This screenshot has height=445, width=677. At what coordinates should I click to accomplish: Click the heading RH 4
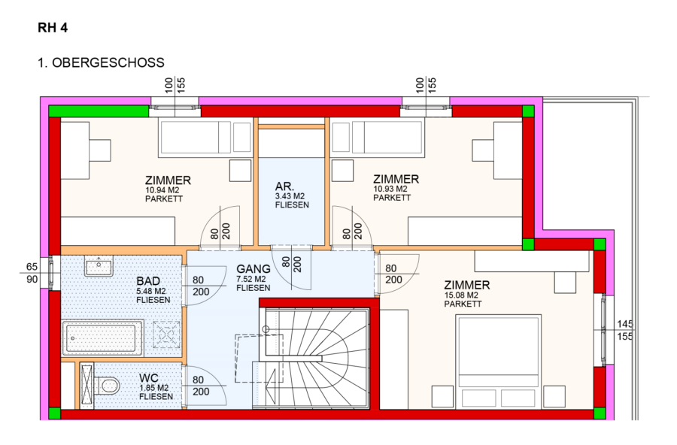[x=53, y=28]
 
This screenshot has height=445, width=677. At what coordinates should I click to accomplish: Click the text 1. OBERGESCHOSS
[x=101, y=62]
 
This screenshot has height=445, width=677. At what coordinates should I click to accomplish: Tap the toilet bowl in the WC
[x=107, y=386]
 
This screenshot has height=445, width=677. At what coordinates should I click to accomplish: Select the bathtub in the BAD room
[x=103, y=338]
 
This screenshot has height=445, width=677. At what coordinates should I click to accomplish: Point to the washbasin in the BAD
[x=99, y=265]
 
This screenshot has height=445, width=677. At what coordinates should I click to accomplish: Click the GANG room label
[x=253, y=268]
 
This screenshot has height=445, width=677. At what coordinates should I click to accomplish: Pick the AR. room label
[x=284, y=186]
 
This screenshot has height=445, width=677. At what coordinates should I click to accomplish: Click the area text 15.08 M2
[x=461, y=295]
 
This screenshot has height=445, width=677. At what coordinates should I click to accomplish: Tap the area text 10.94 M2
[x=162, y=190]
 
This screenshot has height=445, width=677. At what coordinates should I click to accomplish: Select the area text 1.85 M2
[x=154, y=388]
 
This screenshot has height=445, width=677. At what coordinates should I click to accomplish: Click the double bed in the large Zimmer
[x=498, y=362]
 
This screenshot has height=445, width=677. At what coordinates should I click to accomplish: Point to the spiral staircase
[x=314, y=358]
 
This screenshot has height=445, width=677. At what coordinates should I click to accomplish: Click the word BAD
[x=148, y=281]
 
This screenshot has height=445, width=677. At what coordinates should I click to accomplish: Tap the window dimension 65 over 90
[x=32, y=273]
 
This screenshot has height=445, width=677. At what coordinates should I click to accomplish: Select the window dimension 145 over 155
[x=625, y=330]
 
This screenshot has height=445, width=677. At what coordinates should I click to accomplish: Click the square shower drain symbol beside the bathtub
[x=166, y=334]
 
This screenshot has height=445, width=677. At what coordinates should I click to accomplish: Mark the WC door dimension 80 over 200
[x=201, y=386]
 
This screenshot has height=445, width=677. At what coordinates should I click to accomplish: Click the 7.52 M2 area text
[x=250, y=280]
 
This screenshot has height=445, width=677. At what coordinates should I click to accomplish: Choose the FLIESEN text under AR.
[x=292, y=205]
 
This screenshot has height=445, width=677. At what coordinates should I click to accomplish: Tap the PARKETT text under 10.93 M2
[x=392, y=198]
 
